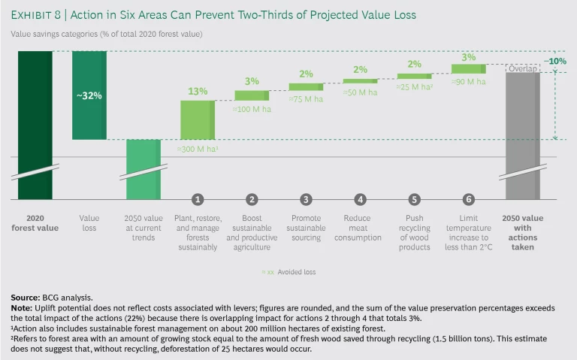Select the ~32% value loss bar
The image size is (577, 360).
click(x=89, y=95)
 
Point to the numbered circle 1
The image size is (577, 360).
click(x=198, y=199)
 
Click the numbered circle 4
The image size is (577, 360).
click(x=360, y=199)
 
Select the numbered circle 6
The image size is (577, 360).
click(x=468, y=199)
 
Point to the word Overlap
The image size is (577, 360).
click(x=522, y=69)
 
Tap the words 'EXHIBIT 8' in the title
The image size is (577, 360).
click(x=36, y=15)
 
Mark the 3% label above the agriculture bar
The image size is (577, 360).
click(x=252, y=81)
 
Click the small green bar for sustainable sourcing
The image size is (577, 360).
click(x=306, y=86)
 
